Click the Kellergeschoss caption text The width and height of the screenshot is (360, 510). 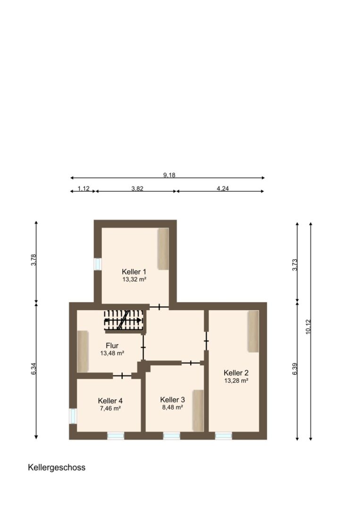(57, 467)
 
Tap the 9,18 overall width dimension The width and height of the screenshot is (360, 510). (169, 175)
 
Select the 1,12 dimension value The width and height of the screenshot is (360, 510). (83, 188)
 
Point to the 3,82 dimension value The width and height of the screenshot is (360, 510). (136, 188)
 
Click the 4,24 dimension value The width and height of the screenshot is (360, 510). (223, 188)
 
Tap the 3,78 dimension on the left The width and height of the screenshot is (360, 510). (33, 261)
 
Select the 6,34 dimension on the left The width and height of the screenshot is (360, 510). (33, 369)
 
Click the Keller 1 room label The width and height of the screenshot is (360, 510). (134, 272)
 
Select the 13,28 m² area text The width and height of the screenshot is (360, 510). (236, 380)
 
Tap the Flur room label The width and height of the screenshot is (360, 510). (112, 345)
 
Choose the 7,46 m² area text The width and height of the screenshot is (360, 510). (110, 408)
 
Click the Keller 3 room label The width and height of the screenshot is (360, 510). (172, 399)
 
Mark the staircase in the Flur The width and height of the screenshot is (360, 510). (123, 320)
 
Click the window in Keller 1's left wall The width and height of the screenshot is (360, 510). (98, 264)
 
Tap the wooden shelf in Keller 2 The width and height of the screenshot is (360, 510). (253, 331)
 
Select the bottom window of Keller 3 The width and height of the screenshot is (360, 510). (172, 435)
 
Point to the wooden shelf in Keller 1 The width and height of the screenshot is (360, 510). (163, 249)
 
